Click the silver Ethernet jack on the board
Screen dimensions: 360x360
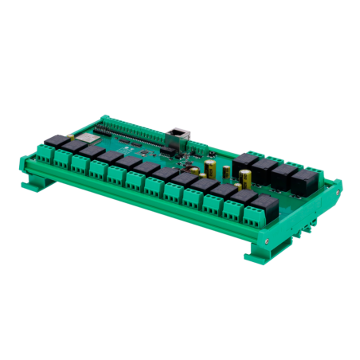pos(177,134)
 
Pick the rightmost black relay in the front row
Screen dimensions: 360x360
pos(268,205)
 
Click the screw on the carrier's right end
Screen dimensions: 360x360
pos(338,194)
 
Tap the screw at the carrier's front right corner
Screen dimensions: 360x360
pos(275,238)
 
